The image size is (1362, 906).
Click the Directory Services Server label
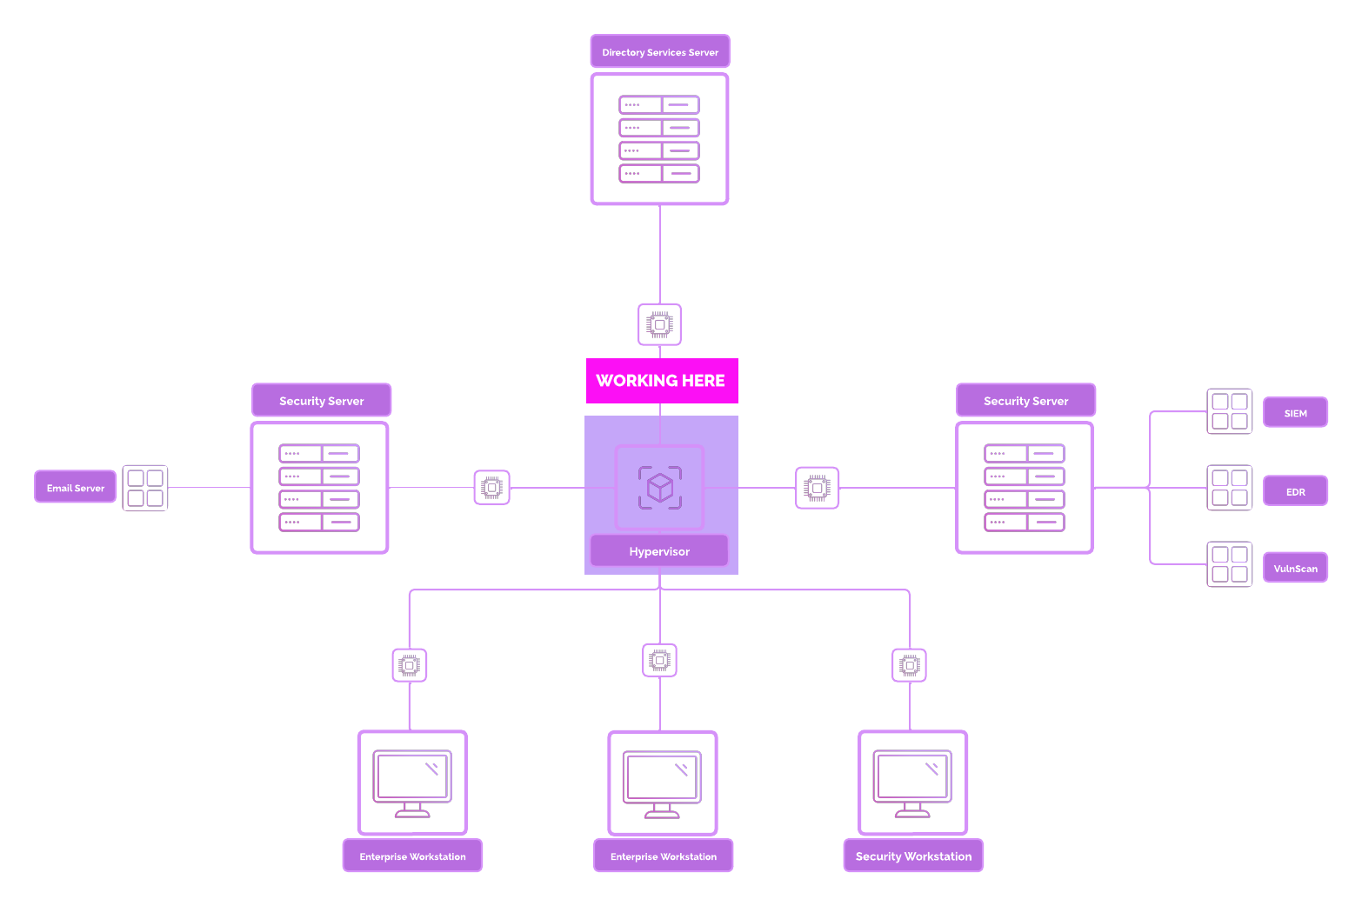[660, 52]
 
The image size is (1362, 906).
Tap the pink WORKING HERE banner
[661, 381]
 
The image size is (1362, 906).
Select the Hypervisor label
[659, 551]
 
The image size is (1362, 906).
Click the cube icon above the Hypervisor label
[659, 488]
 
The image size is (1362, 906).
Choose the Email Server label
[76, 488]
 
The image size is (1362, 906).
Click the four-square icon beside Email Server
[145, 489]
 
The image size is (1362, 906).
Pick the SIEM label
[1295, 413]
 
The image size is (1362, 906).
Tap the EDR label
[1295, 491]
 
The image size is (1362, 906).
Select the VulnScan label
[1295, 568]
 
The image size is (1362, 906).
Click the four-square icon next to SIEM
[1230, 411]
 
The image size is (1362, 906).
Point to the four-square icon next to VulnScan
[1230, 564]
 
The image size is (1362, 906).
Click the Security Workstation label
[913, 856]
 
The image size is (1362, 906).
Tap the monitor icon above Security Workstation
[912, 783]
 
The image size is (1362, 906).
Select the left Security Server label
[321, 401]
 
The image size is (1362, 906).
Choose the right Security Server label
[1025, 401]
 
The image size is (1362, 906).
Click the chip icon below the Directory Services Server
[659, 324]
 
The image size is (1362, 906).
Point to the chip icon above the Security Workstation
[910, 666]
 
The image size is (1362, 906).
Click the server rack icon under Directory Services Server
[659, 139]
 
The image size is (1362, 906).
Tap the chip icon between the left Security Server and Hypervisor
[492, 488]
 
